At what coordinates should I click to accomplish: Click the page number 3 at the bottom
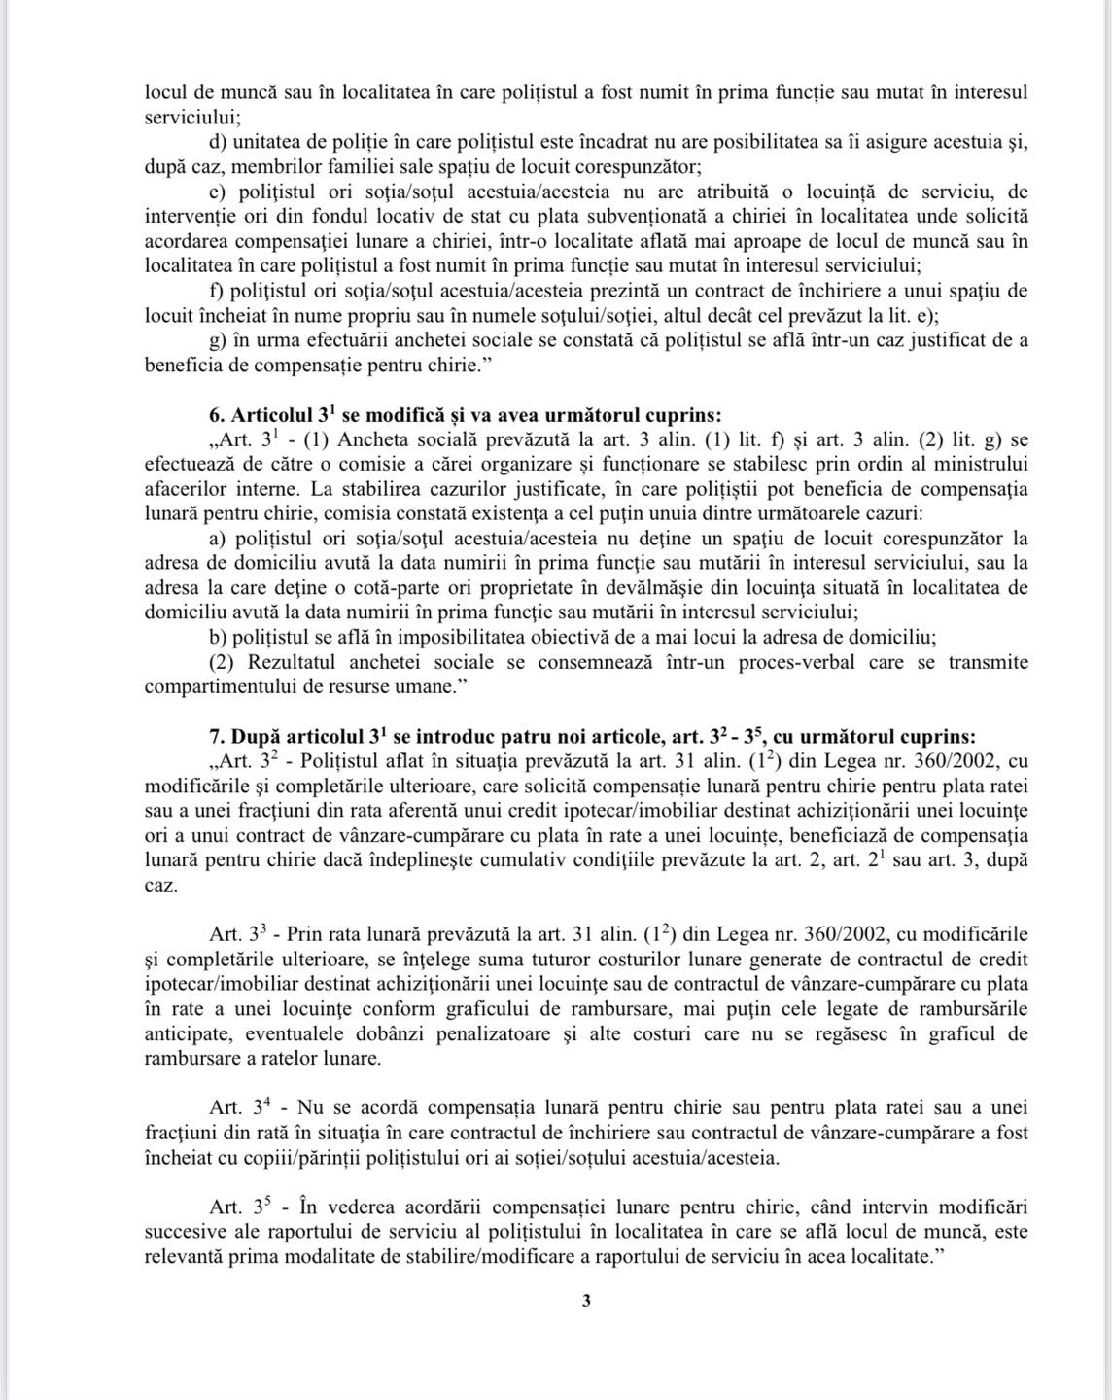(x=585, y=1302)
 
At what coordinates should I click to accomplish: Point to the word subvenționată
(x=645, y=216)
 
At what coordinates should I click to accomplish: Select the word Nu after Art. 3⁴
(x=309, y=1108)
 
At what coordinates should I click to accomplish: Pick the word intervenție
(x=190, y=216)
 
